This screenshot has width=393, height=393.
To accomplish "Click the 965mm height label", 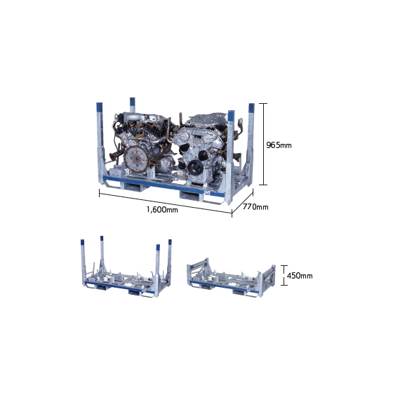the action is (x=279, y=145).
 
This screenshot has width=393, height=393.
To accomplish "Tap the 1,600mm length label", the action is (x=162, y=210).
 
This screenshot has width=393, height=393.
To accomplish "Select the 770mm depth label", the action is (x=255, y=207).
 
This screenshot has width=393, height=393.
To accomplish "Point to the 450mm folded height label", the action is (x=300, y=276).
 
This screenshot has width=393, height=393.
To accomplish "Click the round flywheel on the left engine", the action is (x=136, y=159).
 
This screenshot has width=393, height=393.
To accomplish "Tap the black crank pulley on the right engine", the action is (x=196, y=166).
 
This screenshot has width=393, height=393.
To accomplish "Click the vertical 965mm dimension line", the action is (x=263, y=144).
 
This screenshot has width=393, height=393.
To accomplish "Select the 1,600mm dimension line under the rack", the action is (x=166, y=204).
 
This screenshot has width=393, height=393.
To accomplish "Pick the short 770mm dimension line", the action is (x=242, y=203).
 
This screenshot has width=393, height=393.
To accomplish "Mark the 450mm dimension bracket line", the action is (x=284, y=275).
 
